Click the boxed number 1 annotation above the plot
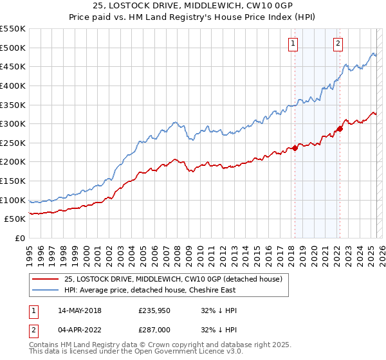click(x=293, y=44)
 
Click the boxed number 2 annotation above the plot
click(x=338, y=44)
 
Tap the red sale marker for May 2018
click(x=295, y=148)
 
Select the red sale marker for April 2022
click(x=340, y=129)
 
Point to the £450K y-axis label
click(x=13, y=66)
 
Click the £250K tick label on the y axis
click(x=13, y=143)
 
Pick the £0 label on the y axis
click(x=20, y=239)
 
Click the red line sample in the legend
click(x=44, y=279)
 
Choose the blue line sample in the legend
click(x=44, y=290)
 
